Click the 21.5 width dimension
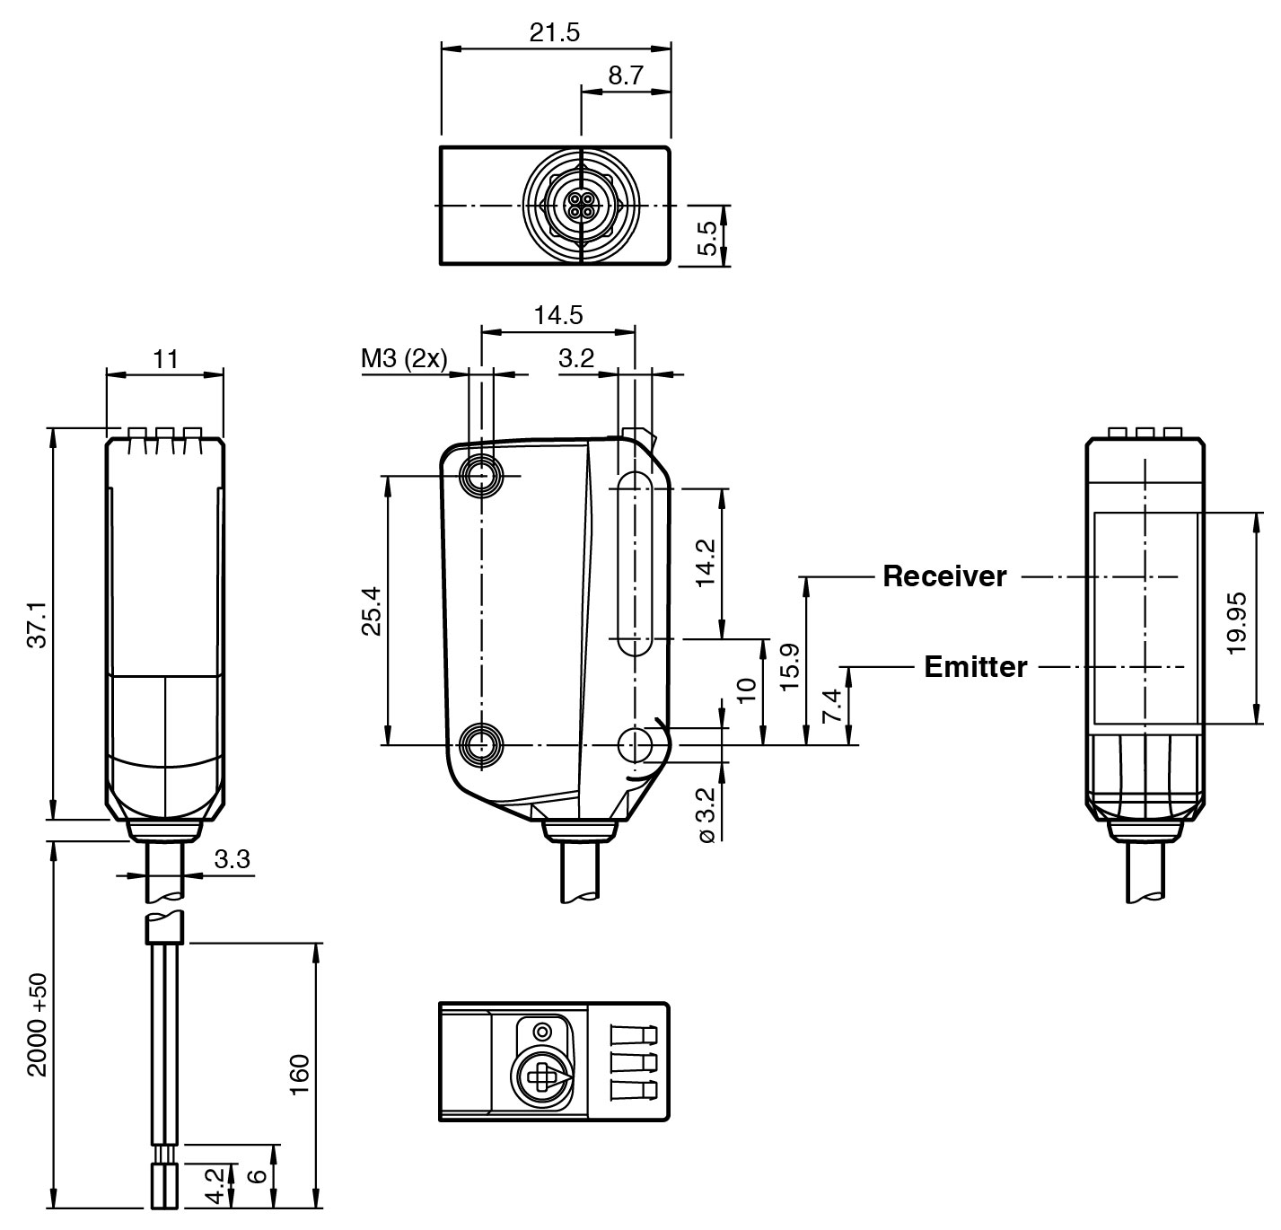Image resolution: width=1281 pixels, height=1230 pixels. point(554,33)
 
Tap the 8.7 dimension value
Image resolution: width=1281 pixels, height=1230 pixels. point(625,76)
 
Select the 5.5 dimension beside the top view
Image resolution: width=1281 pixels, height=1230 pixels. point(707,238)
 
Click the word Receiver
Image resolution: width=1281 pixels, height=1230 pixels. point(944,576)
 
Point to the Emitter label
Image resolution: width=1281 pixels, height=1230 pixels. point(975,667)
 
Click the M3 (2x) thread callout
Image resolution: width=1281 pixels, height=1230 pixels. point(403,359)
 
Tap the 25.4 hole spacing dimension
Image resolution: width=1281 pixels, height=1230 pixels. point(372,611)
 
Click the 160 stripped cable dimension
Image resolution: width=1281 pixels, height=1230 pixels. point(300,1074)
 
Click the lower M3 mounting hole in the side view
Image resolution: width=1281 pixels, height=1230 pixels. point(481,744)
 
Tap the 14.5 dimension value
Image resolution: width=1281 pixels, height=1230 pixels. point(557,315)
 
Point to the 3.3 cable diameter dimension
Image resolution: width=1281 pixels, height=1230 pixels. point(232,859)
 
